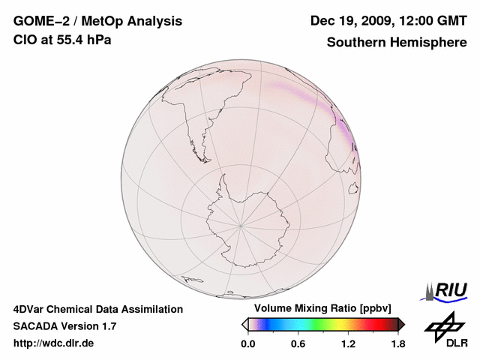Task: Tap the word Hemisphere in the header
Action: pyautogui.click(x=429, y=42)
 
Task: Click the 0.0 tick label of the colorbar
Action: pyautogui.click(x=248, y=344)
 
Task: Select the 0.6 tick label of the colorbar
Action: pyautogui.click(x=298, y=344)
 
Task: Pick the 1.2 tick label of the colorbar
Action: pyautogui.click(x=347, y=344)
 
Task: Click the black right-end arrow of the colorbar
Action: pyautogui.click(x=401, y=324)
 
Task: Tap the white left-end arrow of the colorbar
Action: pyautogui.click(x=244, y=324)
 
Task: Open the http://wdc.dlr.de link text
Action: pyautogui.click(x=54, y=343)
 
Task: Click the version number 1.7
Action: pyautogui.click(x=108, y=326)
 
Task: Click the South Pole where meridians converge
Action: pyautogui.click(x=241, y=224)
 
